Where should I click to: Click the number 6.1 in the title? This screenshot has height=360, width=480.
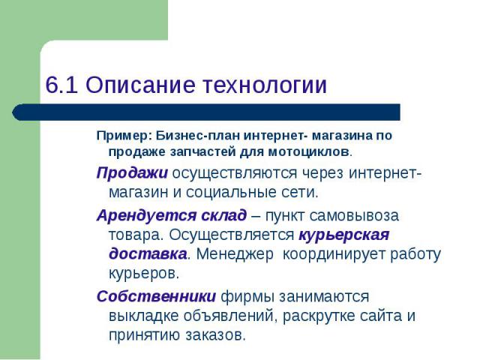coord(61,85)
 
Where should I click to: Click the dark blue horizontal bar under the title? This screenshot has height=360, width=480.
coord(206,112)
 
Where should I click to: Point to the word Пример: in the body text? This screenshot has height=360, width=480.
coord(122,136)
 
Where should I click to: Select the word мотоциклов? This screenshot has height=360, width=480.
coord(308,151)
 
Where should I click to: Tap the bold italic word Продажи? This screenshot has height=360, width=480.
coord(132,173)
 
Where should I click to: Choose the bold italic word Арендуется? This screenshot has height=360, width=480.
coord(146,215)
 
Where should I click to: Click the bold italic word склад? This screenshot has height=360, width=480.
coord(223,215)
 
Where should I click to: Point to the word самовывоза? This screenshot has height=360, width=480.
coord(354,216)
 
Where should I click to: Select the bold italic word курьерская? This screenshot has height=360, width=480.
coord(343,235)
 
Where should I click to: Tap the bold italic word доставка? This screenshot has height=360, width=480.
coord(148,254)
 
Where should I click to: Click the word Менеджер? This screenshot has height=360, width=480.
coord(235,254)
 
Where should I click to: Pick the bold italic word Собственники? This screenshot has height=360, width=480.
coord(156,296)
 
